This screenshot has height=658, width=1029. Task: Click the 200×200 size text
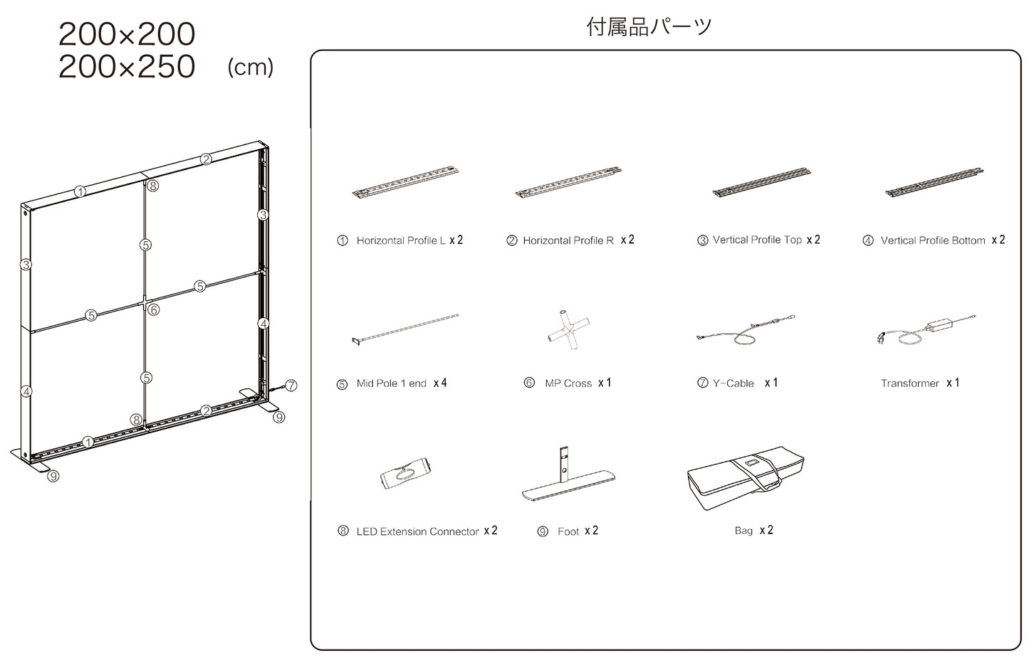coord(127,34)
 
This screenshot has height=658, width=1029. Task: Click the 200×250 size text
coord(127,67)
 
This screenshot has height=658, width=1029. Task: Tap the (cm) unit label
coord(250,68)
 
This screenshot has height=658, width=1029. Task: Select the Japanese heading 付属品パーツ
coord(649,27)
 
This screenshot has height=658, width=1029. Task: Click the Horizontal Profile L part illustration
coord(405,182)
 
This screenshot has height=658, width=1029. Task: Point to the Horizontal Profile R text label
coord(568,240)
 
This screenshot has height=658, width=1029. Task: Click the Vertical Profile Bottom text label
coord(932,240)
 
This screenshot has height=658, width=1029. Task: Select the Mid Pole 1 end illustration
coord(405,329)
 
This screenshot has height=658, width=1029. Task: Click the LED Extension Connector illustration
coord(406,473)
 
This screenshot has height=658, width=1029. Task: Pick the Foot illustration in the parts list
coord(568,476)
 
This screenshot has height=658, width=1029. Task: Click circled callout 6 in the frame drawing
coord(153,310)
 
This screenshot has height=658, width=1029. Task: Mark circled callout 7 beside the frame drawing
coord(291,386)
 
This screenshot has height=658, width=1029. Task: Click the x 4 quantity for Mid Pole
coord(440,383)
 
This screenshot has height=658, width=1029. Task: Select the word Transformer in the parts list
coord(909,383)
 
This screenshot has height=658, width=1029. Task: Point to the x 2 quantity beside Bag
coord(766,531)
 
